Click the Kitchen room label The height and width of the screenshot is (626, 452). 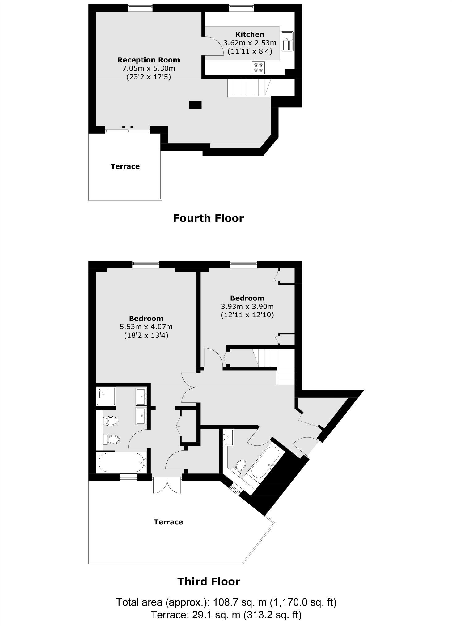point(250,34)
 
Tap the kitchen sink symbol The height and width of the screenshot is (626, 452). point(287,41)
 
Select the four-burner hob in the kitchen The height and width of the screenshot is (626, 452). point(258,68)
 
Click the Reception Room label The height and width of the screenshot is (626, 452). point(149,60)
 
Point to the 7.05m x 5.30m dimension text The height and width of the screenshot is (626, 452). point(149,68)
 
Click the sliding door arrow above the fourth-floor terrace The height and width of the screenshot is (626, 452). point(128,127)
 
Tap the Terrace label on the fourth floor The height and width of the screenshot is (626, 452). point(125,166)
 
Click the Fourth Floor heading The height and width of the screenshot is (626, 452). point(208,218)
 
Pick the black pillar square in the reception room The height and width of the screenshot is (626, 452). point(195,105)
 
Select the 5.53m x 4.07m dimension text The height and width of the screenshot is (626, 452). point(146,327)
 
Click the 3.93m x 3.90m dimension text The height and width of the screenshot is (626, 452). point(247,307)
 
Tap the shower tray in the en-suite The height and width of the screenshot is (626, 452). point(106,396)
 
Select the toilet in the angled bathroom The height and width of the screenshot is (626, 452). point(239,466)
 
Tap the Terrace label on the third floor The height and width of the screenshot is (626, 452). point(168,522)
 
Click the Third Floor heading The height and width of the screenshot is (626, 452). point(209,581)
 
